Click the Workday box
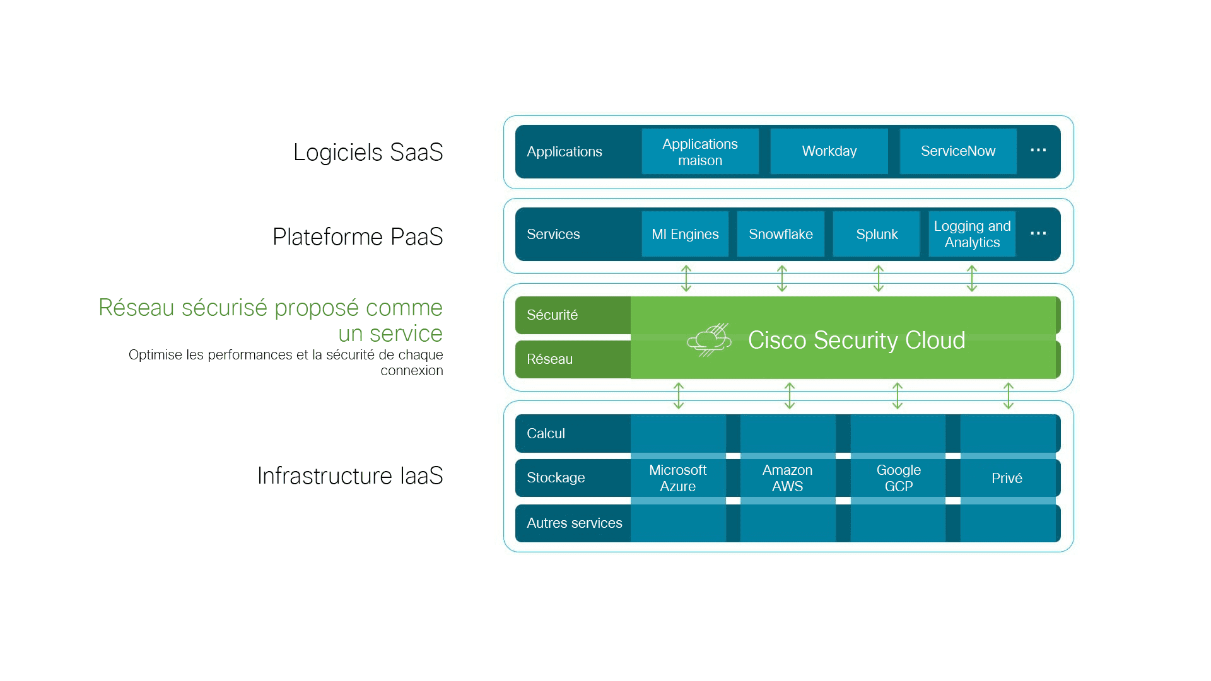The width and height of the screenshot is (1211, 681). (829, 151)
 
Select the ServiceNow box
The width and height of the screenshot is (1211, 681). (958, 151)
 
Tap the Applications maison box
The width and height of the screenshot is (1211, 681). (700, 151)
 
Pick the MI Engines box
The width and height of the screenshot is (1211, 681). (685, 234)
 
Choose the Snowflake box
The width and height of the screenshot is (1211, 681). (781, 234)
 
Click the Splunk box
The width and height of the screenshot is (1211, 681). (877, 234)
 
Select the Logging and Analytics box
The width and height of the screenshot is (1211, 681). (972, 234)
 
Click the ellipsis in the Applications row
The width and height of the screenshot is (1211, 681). (1038, 150)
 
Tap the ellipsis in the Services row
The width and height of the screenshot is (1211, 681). (1038, 233)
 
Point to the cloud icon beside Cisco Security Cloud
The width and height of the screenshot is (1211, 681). (709, 340)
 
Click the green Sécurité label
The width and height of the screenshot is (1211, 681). (552, 315)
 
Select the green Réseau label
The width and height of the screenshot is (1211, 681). (549, 359)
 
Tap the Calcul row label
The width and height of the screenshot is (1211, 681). (546, 433)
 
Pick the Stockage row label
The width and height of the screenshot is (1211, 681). (556, 477)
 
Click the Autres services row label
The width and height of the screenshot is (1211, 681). (574, 523)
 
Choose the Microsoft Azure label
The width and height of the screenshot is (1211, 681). (677, 478)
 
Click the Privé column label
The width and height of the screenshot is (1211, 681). (1007, 478)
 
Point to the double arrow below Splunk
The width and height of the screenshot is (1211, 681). (879, 278)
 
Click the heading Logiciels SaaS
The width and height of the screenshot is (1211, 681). (368, 152)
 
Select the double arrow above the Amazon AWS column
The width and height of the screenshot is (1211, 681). (790, 395)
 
